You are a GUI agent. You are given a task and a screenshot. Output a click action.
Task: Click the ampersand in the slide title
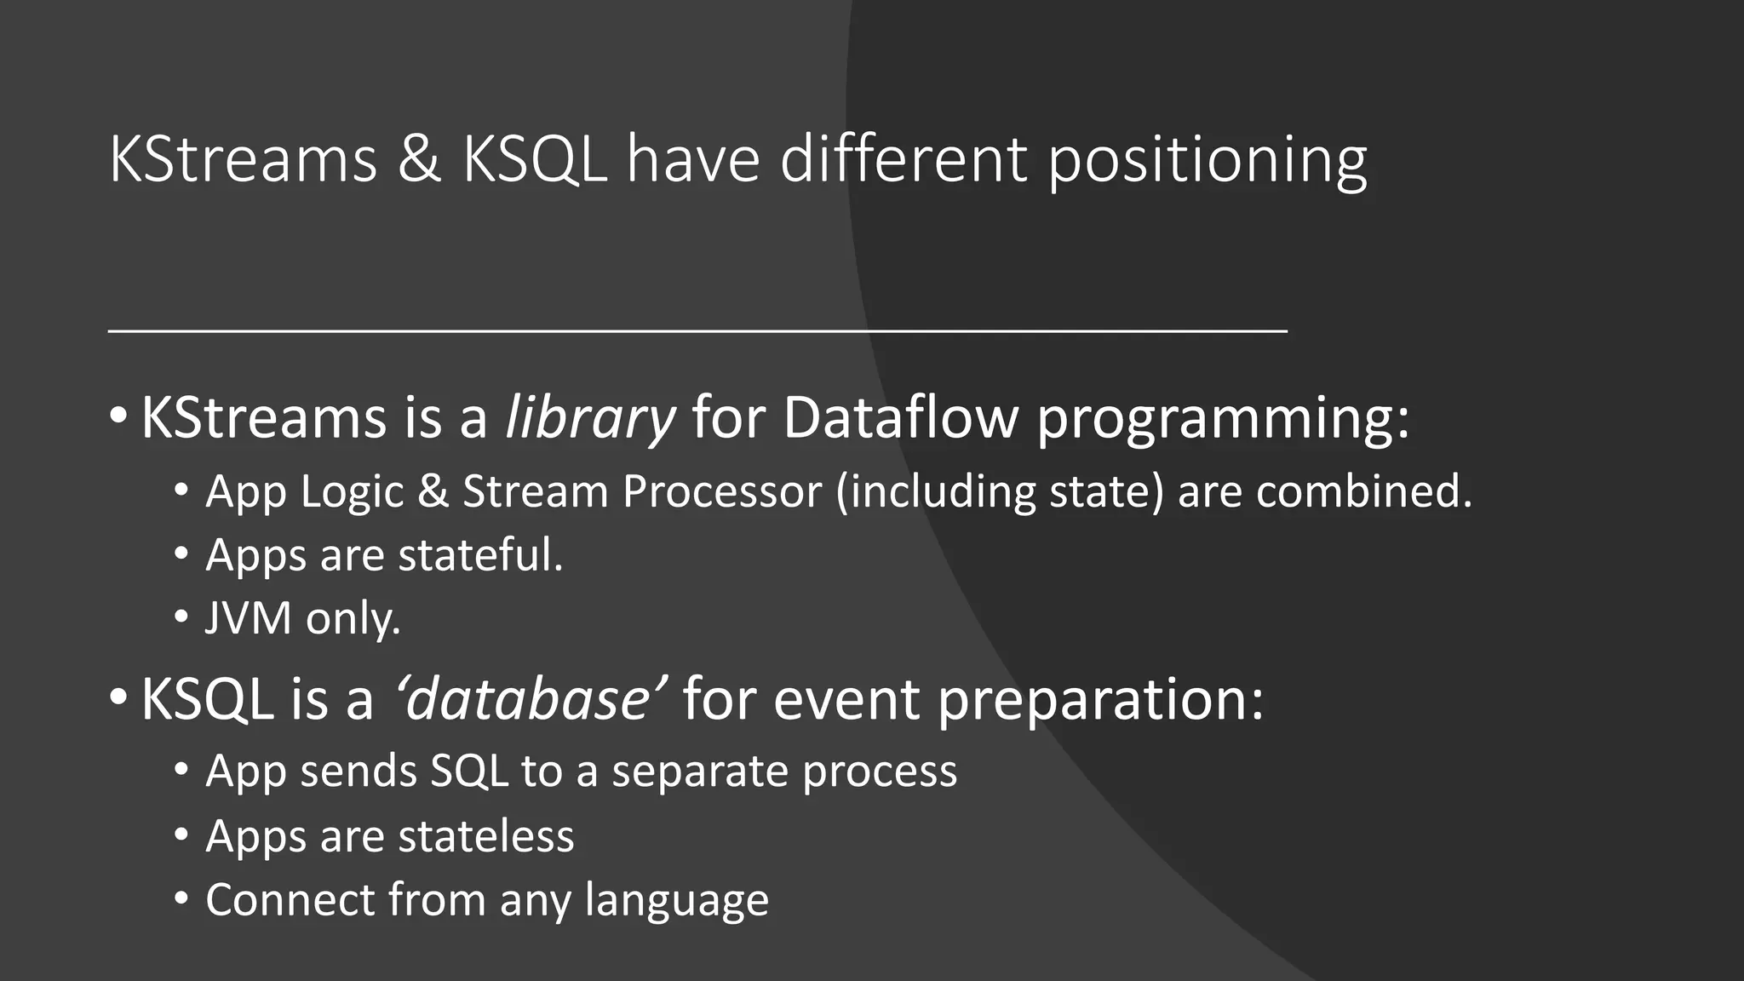click(419, 159)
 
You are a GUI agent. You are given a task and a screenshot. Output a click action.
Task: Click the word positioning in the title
click(1207, 162)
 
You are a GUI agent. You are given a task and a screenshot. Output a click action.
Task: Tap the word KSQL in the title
click(535, 159)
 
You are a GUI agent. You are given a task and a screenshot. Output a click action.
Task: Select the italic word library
click(589, 419)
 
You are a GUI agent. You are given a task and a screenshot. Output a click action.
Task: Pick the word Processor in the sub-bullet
click(722, 492)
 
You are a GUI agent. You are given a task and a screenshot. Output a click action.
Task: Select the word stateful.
click(480, 555)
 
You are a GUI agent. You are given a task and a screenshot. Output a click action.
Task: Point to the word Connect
click(290, 901)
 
